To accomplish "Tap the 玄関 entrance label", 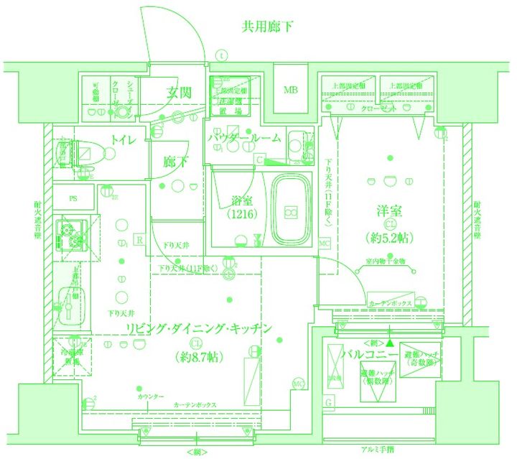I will [x=179, y=92].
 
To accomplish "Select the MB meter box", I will [x=290, y=91].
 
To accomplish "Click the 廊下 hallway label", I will [x=176, y=162].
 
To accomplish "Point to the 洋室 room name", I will [x=389, y=211].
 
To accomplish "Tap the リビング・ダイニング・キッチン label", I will [x=200, y=330].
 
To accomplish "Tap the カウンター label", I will [x=151, y=397].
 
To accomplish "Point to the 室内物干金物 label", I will [x=386, y=261].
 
